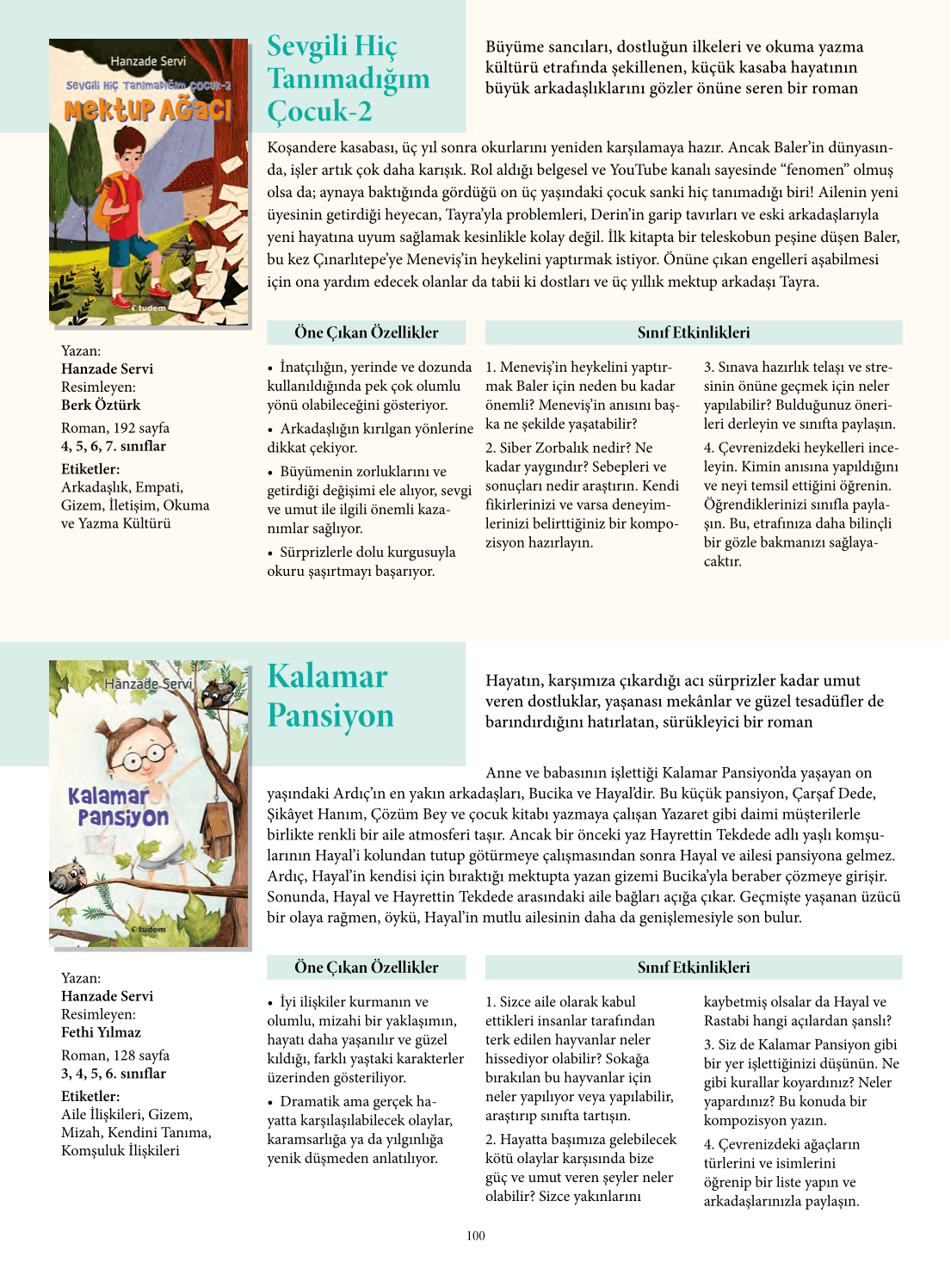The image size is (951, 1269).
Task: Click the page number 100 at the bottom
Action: (476, 1235)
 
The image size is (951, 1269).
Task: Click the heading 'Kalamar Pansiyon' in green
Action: (330, 696)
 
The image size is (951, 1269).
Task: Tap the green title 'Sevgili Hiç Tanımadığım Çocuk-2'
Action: (348, 78)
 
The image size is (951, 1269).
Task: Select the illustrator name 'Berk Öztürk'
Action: (101, 405)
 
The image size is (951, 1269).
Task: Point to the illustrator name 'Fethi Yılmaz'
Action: (101, 1032)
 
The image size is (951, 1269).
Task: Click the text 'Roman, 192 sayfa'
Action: (115, 428)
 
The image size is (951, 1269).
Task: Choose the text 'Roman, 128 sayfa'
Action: (115, 1055)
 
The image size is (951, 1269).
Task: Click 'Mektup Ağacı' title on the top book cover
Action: (148, 110)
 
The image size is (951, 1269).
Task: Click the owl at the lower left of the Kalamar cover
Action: (67, 878)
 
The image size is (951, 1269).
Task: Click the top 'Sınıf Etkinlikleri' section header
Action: (694, 332)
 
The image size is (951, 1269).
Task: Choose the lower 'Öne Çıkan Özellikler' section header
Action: (367, 967)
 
